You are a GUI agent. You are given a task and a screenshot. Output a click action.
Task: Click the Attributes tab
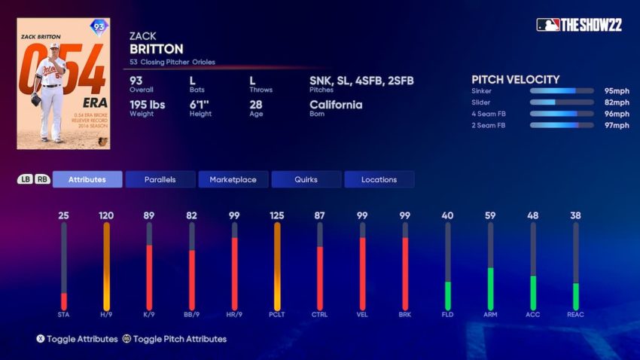tap(87, 179)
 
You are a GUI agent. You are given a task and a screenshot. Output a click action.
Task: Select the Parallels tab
tap(160, 179)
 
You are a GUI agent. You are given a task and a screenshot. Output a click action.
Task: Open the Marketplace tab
tap(233, 179)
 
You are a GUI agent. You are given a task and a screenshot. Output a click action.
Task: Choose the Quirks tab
tap(306, 179)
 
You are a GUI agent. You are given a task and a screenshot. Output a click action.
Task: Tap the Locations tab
tap(379, 179)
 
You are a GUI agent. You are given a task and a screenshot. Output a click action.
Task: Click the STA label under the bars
tap(63, 314)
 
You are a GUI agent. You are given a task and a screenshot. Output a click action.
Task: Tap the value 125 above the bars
tap(277, 215)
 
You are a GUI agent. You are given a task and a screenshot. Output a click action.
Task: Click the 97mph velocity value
tap(616, 125)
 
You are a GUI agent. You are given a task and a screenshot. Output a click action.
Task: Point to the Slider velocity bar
tap(562, 102)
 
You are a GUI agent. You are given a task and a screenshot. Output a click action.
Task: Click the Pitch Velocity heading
tap(515, 79)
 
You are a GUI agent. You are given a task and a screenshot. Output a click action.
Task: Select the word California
tap(336, 105)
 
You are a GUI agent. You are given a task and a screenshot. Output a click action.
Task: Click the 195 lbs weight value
tap(147, 105)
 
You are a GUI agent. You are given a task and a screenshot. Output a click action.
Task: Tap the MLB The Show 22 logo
tap(579, 25)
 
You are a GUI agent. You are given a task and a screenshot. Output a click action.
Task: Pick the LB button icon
tap(25, 179)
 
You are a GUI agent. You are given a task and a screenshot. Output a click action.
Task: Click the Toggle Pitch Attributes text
tap(179, 339)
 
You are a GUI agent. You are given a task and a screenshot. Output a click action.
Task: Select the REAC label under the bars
tap(575, 314)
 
